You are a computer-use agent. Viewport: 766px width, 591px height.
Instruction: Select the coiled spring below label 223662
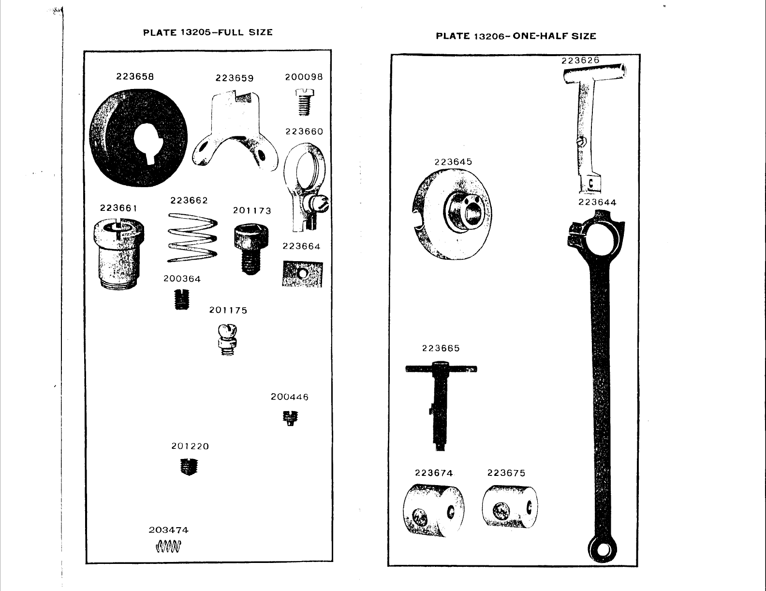pos(192,238)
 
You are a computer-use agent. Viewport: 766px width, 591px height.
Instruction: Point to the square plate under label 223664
pos(302,274)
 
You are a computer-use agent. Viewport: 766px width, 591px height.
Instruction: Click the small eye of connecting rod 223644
pos(604,549)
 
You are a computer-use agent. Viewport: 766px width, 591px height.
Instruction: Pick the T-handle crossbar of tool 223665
pos(441,369)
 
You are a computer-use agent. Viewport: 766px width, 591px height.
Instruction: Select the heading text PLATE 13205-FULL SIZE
pos(208,32)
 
